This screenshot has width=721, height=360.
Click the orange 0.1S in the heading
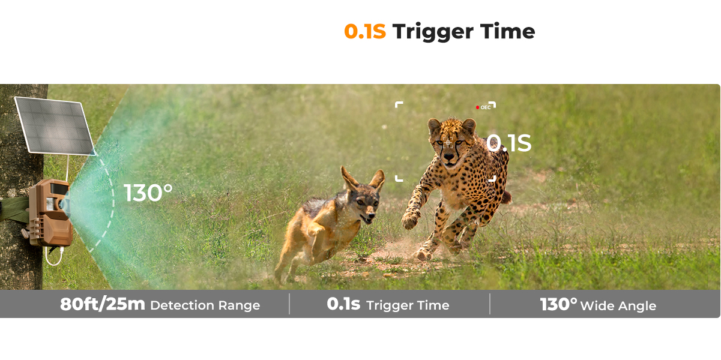tap(365, 31)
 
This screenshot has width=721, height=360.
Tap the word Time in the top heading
tap(507, 31)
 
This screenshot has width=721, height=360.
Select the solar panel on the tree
tap(55, 126)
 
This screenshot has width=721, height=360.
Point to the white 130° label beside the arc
tap(148, 193)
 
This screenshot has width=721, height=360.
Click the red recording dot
tap(477, 107)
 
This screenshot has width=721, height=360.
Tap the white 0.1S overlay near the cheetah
tap(508, 143)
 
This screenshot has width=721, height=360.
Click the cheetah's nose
tap(448, 157)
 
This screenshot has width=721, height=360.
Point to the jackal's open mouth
tap(367, 220)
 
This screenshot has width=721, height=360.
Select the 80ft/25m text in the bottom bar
tap(102, 304)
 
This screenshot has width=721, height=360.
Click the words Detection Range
tap(205, 305)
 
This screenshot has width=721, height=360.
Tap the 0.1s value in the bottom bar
tap(343, 304)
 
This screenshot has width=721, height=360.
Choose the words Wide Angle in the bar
tap(618, 306)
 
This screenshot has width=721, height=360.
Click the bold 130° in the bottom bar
tap(558, 304)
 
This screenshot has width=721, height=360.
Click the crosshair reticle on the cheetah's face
tap(448, 143)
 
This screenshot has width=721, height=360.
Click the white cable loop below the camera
tap(53, 257)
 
